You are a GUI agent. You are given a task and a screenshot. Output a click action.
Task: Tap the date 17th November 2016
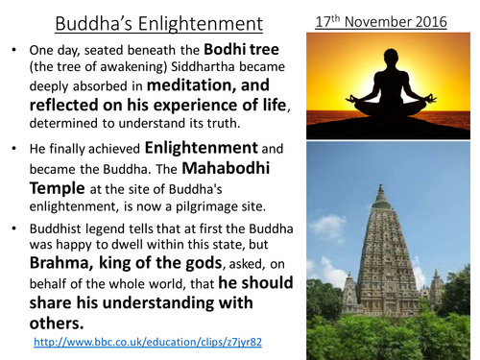pos(390,19)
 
